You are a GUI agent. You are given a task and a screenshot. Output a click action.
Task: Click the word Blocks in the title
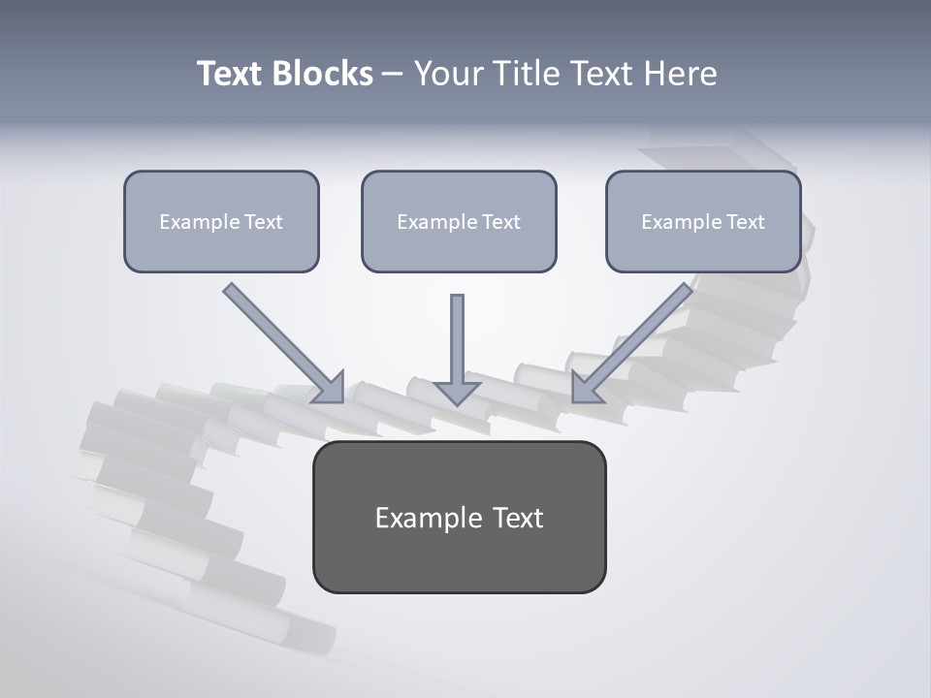click(x=323, y=74)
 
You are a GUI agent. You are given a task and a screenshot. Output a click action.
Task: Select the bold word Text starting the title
click(x=232, y=74)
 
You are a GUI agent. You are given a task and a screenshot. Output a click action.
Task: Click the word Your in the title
click(x=447, y=74)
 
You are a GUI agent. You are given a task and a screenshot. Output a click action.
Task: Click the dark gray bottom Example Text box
click(x=459, y=557)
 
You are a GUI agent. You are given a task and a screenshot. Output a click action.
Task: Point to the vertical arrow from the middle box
click(x=458, y=339)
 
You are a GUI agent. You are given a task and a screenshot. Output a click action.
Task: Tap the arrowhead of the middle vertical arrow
click(x=458, y=392)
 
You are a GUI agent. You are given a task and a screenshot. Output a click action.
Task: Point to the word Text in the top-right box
click(x=745, y=222)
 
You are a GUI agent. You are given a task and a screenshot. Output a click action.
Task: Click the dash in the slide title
click(x=393, y=75)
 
